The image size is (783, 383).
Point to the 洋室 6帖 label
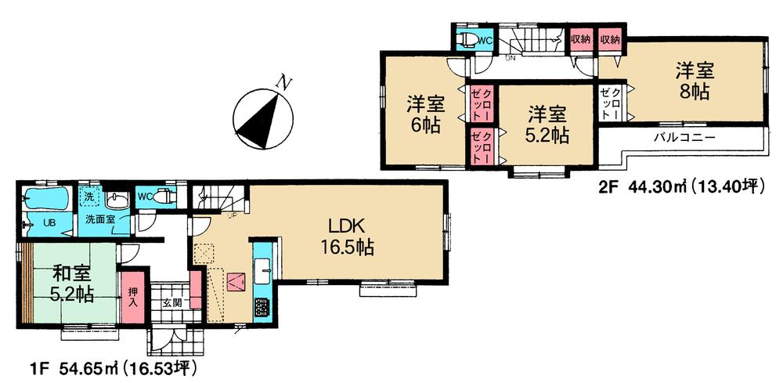(423, 114)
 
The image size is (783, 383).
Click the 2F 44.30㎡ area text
(679, 186)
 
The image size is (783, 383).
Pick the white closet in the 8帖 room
(612, 103)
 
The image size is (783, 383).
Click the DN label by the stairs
(510, 58)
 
